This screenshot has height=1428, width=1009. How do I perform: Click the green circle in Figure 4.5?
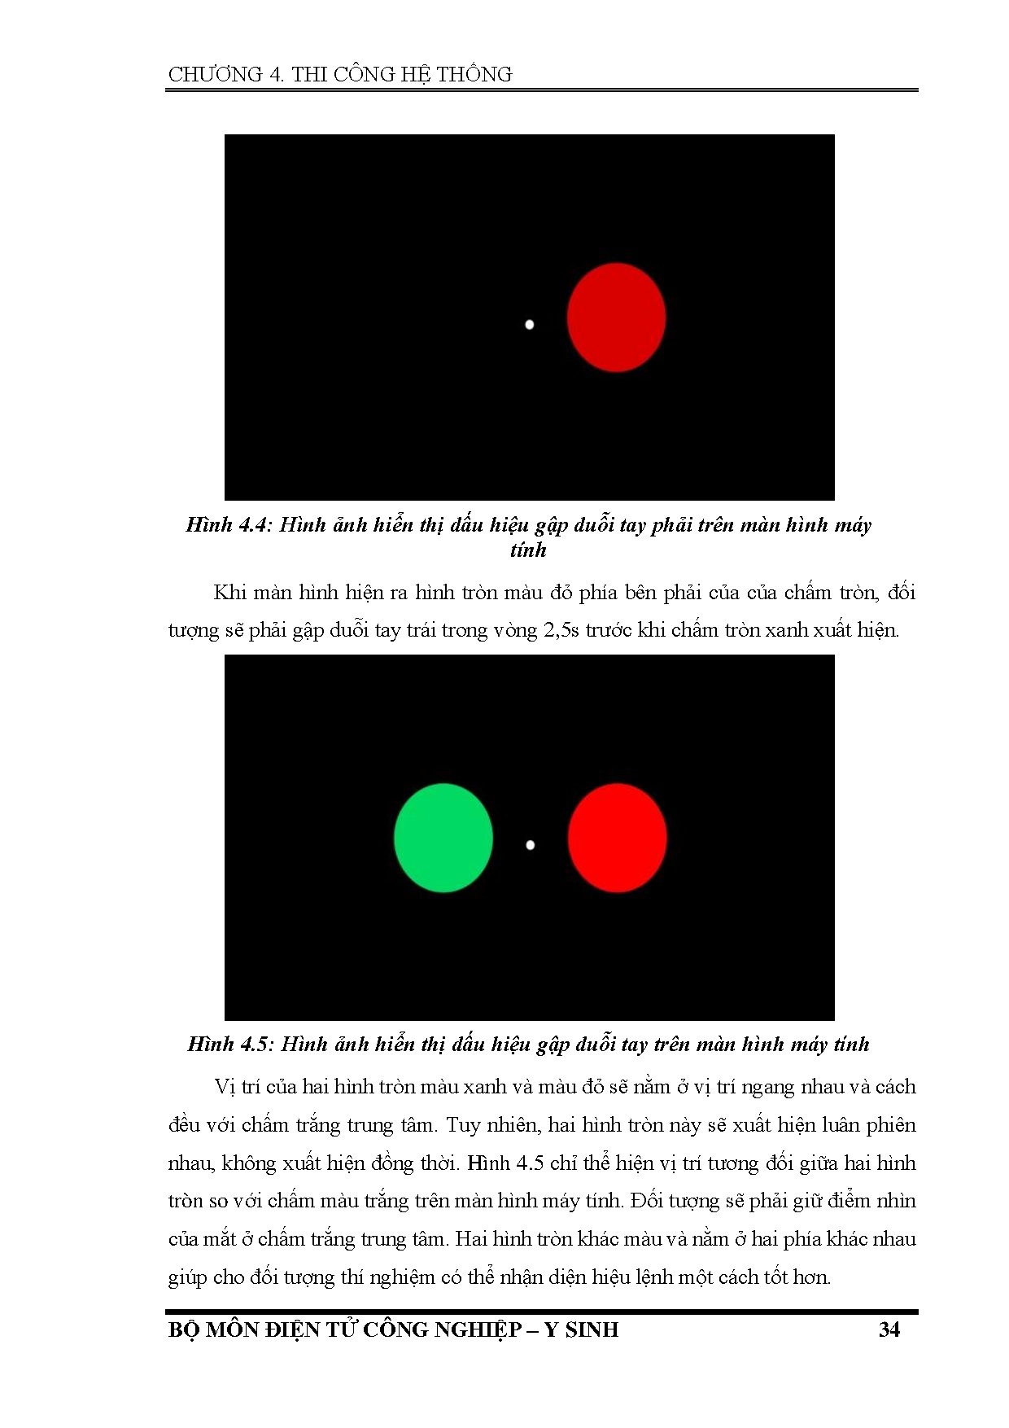click(443, 838)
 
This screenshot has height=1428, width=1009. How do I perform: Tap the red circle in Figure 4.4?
click(616, 317)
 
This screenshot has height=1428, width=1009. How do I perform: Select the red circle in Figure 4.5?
click(617, 838)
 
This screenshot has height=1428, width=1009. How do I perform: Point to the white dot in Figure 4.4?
click(530, 325)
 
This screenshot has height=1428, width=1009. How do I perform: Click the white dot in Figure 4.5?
click(531, 845)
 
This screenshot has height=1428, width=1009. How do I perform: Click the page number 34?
click(889, 1329)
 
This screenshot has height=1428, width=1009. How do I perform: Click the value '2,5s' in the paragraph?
click(561, 630)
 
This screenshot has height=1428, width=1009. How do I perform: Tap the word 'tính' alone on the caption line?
click(528, 551)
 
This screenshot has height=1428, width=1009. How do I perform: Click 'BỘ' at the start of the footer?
click(184, 1329)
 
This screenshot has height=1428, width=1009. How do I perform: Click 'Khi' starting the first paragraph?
click(229, 592)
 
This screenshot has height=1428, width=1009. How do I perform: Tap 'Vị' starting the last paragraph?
click(225, 1087)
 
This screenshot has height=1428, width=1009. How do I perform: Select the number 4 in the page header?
click(277, 75)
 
